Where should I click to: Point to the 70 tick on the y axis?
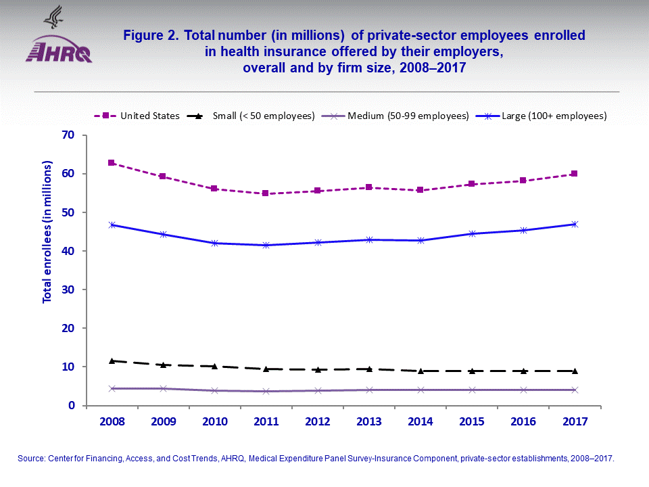[67, 135]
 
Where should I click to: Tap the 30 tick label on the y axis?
[67, 289]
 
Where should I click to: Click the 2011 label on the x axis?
[266, 421]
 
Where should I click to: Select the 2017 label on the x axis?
[574, 421]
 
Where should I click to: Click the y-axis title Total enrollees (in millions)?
[47, 232]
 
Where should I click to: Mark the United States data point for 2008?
[112, 163]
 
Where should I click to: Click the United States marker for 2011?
[266, 193]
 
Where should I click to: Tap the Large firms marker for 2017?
[574, 224]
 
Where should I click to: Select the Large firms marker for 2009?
[163, 234]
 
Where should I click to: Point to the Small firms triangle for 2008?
[112, 361]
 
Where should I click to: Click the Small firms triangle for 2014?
[420, 371]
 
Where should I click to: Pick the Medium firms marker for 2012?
[317, 390]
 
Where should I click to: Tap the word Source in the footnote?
[31, 459]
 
